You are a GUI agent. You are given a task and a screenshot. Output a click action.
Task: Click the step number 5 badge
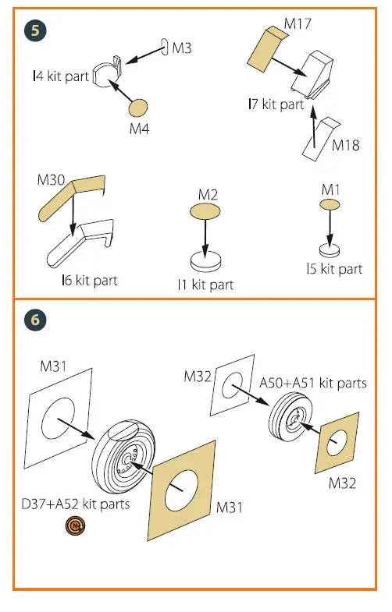pyautogui.click(x=35, y=30)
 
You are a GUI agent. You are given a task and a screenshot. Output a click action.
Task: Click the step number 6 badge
pyautogui.click(x=35, y=320)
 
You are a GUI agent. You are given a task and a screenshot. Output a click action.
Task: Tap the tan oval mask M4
pyautogui.click(x=138, y=108)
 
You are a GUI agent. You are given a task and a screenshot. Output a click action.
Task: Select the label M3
pyautogui.click(x=182, y=48)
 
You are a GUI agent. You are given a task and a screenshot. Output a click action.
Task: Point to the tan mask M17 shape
pyautogui.click(x=265, y=49)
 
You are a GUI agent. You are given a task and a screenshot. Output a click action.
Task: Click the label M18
pyautogui.click(x=345, y=145)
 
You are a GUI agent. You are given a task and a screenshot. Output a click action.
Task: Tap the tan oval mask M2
pyautogui.click(x=205, y=211)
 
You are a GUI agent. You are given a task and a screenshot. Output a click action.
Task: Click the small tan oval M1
pyautogui.click(x=330, y=204)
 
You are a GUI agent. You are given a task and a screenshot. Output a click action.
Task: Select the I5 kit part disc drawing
pyautogui.click(x=330, y=250)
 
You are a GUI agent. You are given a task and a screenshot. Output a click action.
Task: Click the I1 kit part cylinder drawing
pyautogui.click(x=205, y=261)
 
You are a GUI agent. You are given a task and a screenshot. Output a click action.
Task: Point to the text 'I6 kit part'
pyautogui.click(x=90, y=280)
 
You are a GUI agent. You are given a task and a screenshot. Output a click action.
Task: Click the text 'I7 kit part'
pyautogui.click(x=276, y=104)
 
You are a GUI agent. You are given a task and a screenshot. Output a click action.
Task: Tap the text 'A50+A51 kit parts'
pyautogui.click(x=313, y=383)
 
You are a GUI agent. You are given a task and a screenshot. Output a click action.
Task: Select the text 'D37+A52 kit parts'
pyautogui.click(x=76, y=504)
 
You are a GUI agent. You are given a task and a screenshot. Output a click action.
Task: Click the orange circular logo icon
pyautogui.click(x=76, y=526)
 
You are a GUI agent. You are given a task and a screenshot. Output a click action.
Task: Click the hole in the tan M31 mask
pyautogui.click(x=181, y=491)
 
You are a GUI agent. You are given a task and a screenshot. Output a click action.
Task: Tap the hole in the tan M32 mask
pyautogui.click(x=337, y=443)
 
